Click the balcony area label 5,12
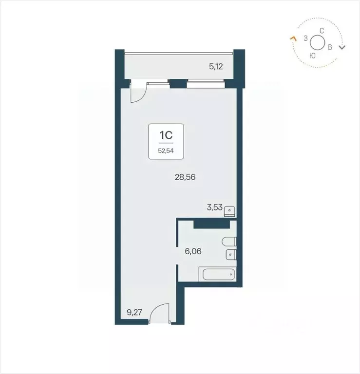click(x=216, y=67)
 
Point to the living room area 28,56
click(x=185, y=177)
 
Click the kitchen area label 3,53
click(x=215, y=207)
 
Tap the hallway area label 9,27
click(x=133, y=313)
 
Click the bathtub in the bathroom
click(x=218, y=275)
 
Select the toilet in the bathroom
click(x=228, y=242)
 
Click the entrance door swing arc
click(x=159, y=312)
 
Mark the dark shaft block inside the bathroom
click(x=211, y=224)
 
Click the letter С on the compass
click(x=322, y=31)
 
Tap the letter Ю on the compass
click(x=312, y=56)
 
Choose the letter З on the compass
click(x=305, y=37)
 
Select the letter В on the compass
click(x=330, y=48)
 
